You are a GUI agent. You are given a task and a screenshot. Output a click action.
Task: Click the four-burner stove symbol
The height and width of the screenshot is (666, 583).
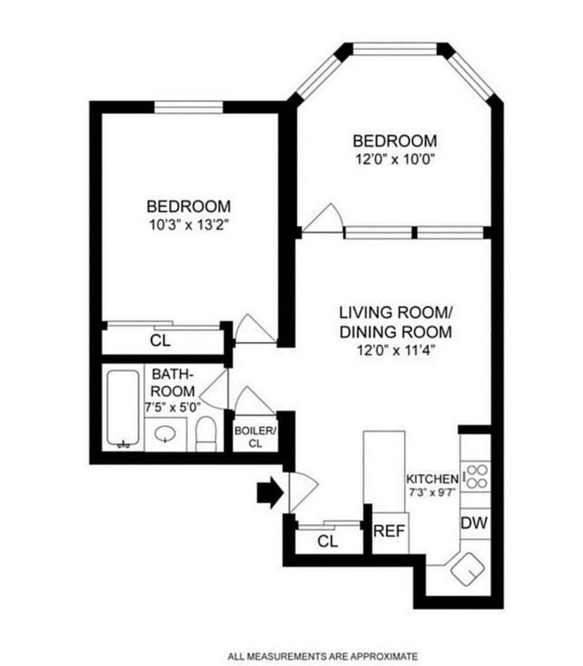coord(475,476)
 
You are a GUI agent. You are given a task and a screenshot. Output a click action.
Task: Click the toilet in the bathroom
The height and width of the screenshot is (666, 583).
coord(206,434)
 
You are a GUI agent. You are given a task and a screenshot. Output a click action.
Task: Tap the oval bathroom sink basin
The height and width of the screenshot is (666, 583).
coord(164,434)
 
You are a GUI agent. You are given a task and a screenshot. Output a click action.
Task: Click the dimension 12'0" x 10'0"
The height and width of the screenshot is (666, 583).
coord(395,160)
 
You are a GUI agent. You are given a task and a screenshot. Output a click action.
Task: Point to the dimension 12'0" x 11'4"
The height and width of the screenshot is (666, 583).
coord(395,349)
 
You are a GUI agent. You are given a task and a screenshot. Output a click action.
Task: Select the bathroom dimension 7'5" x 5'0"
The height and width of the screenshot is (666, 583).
coord(173,407)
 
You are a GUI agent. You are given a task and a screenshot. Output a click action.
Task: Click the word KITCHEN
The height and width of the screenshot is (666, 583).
coord(432,478)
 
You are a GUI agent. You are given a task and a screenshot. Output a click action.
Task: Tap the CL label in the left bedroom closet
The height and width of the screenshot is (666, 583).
coord(161,341)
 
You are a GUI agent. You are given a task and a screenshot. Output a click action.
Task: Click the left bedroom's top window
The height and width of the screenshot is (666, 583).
coord(188,107)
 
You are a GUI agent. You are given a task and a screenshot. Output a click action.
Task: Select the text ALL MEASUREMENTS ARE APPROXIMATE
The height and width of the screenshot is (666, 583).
coord(322,656)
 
